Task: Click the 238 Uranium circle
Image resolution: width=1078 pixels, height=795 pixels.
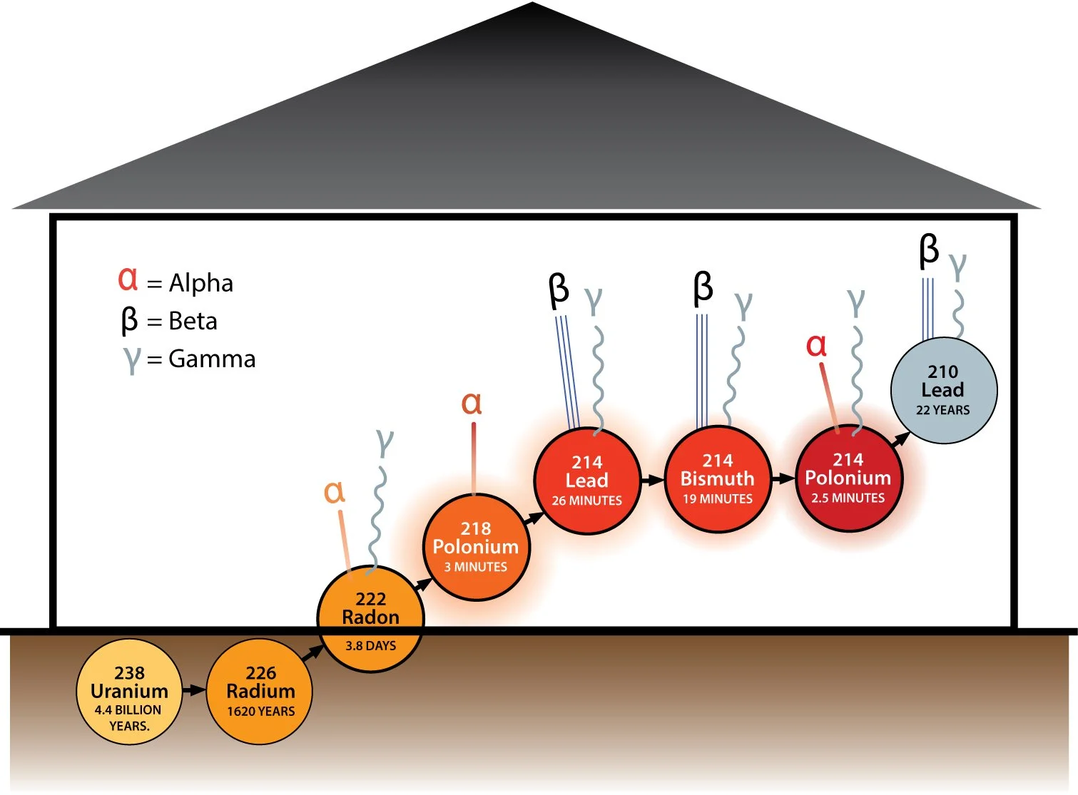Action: pos(129,692)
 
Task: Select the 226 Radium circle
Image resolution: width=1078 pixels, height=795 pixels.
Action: pos(260,692)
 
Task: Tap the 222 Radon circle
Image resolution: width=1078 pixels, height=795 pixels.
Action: pos(371,619)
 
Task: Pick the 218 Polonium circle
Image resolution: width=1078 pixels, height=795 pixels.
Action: pos(477,547)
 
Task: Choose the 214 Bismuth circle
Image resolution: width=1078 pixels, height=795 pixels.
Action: pos(718,479)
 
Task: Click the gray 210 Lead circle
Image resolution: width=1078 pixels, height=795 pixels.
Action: pos(944,391)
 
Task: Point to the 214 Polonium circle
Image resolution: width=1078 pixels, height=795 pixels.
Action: pos(848,478)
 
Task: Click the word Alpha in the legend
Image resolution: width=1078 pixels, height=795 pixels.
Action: pos(200,283)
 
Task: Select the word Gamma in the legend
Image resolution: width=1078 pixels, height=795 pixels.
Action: pos(212,359)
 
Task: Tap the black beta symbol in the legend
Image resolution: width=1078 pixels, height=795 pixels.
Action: pos(129,321)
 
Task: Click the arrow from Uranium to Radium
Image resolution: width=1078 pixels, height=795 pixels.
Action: pos(194,690)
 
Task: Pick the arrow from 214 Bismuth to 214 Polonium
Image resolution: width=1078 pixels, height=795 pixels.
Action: pos(783,478)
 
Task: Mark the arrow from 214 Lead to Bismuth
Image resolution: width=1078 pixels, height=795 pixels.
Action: pos(652,480)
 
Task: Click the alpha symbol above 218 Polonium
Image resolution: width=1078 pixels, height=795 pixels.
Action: pos(472,404)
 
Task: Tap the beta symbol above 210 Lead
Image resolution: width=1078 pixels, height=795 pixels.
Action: pos(928,251)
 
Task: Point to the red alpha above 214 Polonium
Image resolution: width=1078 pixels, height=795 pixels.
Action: pos(816,346)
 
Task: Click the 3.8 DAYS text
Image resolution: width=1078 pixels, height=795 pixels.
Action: pos(371,646)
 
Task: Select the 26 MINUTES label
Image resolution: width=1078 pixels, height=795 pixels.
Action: pos(586,501)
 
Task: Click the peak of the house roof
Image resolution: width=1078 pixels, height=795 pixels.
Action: pos(533,3)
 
